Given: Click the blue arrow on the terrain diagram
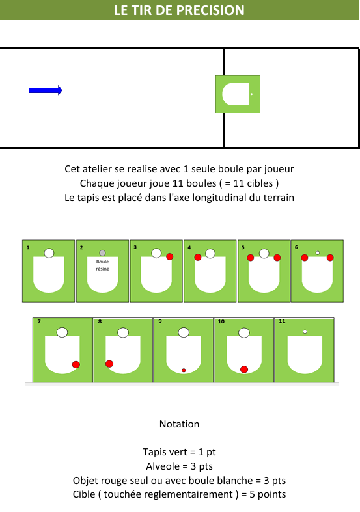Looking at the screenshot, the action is click(x=46, y=90).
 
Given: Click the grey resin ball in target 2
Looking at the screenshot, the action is click(x=102, y=252).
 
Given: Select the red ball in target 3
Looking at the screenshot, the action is click(x=169, y=256).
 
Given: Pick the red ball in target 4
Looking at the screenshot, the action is click(x=198, y=257).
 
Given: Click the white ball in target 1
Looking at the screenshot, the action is click(x=49, y=252).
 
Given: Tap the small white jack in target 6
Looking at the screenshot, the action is click(x=318, y=252).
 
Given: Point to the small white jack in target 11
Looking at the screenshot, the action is click(x=305, y=331).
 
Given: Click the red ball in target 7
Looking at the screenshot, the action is click(x=76, y=364).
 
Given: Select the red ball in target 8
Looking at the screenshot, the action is click(x=109, y=364).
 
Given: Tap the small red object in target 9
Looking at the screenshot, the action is click(x=184, y=370).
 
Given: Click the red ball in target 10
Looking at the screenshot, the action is click(x=244, y=370).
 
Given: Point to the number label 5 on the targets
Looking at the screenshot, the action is click(x=243, y=247).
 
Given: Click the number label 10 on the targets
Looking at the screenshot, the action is click(x=221, y=321).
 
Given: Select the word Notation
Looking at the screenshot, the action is click(x=179, y=424).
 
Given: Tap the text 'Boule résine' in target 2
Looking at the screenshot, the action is click(x=103, y=265).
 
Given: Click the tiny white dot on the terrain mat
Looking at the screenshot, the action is click(x=251, y=94).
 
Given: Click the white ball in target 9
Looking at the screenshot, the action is click(x=184, y=332).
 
